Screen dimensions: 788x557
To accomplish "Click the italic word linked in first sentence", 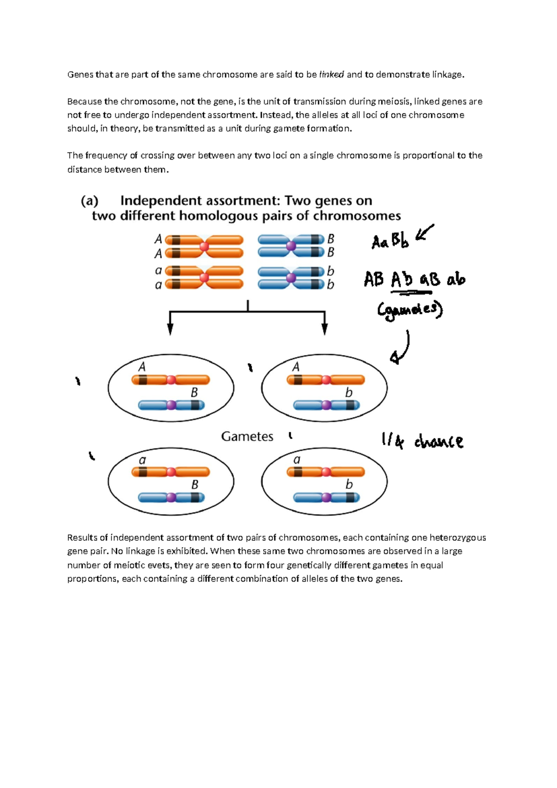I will [x=331, y=74].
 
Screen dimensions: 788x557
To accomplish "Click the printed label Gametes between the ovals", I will [x=247, y=437].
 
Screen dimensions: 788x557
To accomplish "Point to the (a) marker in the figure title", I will [x=90, y=201].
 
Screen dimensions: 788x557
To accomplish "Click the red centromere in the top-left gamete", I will [x=171, y=380].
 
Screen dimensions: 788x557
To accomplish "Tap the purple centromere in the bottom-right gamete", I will [x=326, y=498].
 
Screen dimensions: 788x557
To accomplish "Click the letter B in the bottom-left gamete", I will [x=195, y=485].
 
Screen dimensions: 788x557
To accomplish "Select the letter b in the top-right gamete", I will [x=349, y=393].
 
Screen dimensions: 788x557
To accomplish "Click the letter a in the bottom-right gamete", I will [x=297, y=460].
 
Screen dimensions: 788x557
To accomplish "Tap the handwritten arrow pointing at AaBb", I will [x=424, y=232].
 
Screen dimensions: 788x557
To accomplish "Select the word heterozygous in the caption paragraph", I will [x=457, y=538].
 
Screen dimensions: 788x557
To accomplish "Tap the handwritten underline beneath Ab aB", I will [x=411, y=293].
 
